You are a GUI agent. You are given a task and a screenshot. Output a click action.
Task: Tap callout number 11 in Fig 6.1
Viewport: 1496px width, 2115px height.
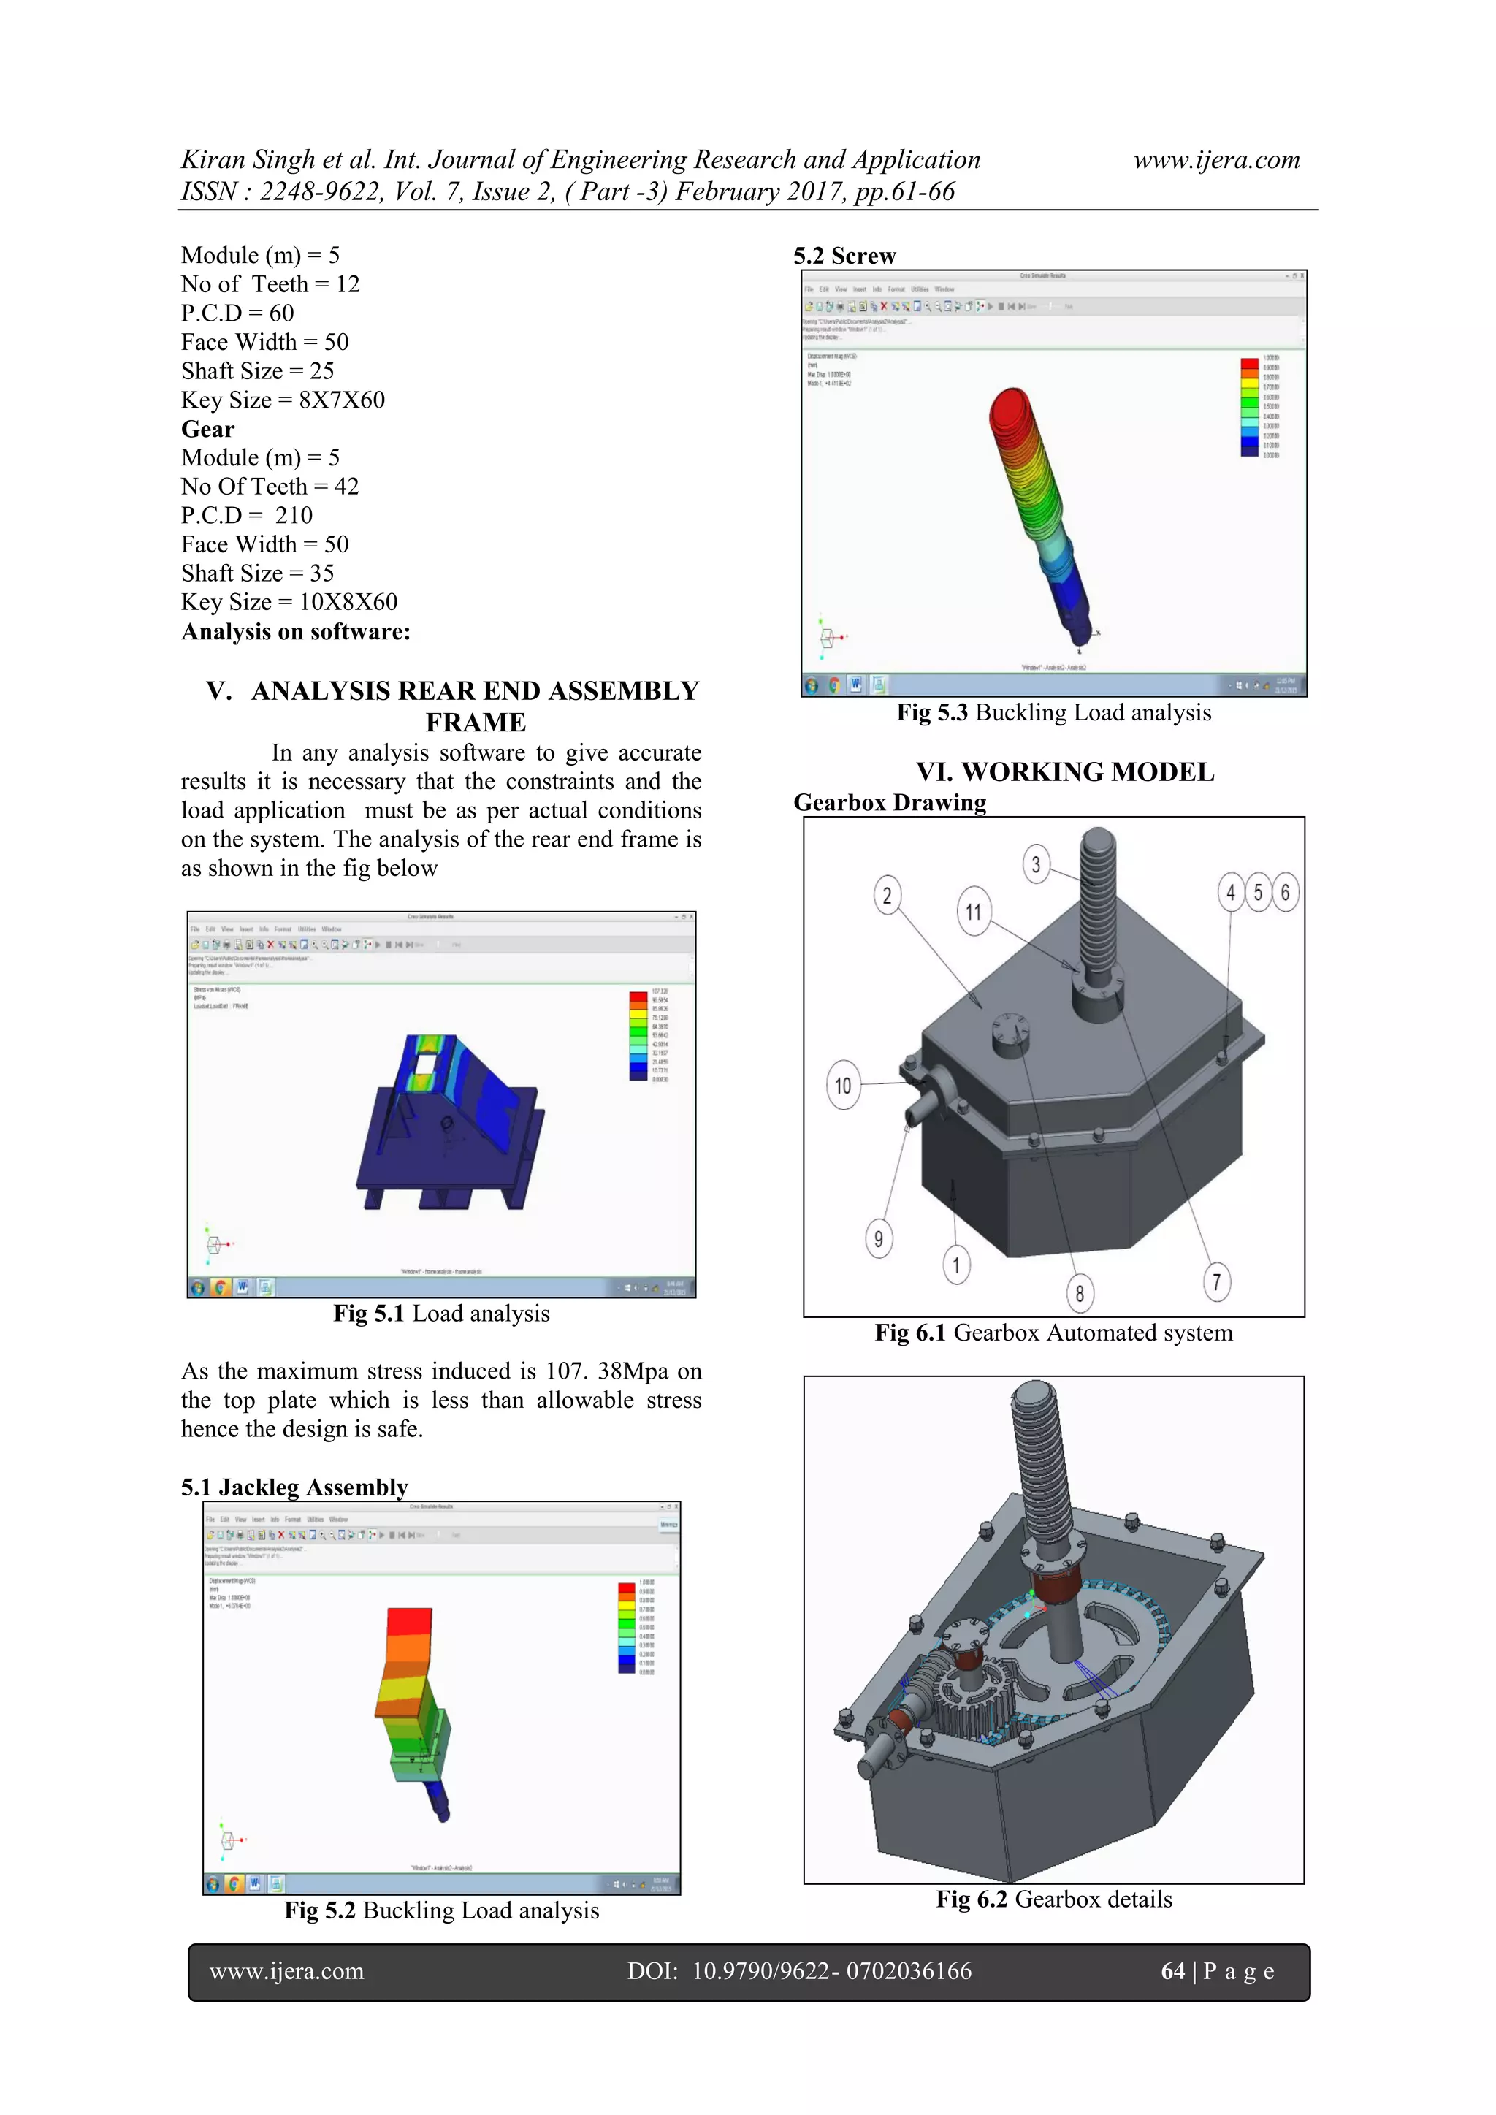974,911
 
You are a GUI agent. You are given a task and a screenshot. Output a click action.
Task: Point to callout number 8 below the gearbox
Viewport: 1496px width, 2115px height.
1080,1293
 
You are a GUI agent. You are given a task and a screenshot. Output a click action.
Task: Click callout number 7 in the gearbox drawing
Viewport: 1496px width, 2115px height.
1217,1281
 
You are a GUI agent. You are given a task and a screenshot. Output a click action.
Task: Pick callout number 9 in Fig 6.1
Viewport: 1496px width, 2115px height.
879,1239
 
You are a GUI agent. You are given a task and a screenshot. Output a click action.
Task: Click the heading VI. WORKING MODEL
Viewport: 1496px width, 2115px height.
1064,772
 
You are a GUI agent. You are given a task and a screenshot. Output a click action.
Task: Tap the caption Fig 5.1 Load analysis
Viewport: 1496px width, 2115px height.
441,1314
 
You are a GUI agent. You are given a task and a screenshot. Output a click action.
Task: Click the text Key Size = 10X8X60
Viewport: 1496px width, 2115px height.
289,603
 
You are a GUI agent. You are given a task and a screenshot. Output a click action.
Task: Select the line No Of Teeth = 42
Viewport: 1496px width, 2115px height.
270,487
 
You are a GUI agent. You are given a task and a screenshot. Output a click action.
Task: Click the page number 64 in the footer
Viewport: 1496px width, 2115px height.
1172,1971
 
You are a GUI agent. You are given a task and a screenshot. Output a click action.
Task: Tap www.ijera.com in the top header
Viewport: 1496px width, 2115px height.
1216,160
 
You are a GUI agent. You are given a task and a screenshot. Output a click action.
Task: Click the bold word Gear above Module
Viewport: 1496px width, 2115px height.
208,430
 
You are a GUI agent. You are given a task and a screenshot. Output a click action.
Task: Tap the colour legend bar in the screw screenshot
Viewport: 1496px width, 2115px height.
1249,407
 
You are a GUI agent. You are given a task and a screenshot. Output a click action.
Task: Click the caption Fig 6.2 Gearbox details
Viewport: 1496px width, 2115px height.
1054,1899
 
